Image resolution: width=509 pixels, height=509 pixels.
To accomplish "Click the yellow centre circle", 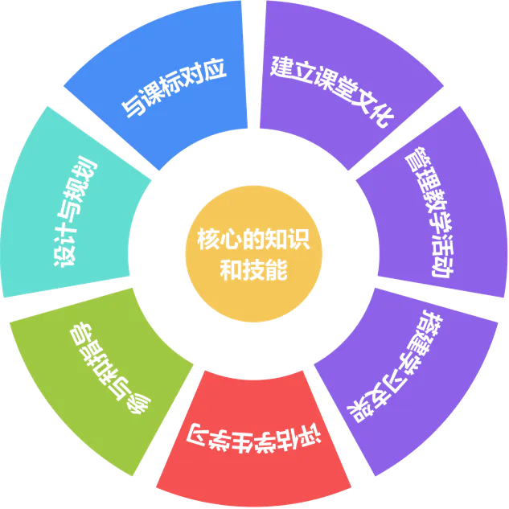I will click(x=254, y=255).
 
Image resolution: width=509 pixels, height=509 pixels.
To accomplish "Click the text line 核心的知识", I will click(x=254, y=240).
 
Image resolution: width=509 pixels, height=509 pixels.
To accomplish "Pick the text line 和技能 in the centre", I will click(x=254, y=269).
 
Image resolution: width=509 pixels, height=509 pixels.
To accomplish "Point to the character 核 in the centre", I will click(x=207, y=240).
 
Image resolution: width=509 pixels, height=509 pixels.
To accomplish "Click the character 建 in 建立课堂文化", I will click(x=281, y=64).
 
